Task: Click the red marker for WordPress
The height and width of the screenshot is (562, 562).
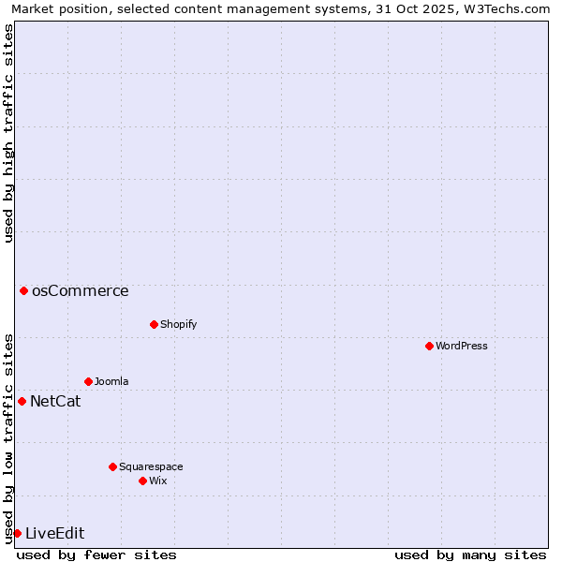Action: click(429, 346)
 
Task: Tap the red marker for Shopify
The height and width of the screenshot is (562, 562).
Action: click(154, 324)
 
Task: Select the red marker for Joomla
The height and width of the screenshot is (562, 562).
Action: click(88, 381)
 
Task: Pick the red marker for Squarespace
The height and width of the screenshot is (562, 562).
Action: click(112, 466)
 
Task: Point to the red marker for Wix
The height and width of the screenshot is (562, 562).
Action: click(142, 481)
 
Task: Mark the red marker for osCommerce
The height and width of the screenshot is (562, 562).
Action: click(23, 290)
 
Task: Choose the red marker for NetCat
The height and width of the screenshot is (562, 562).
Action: click(22, 401)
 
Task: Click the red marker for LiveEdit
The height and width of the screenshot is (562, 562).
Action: click(17, 533)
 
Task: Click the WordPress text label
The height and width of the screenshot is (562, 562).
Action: click(462, 346)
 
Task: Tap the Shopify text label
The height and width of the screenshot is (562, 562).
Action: click(178, 324)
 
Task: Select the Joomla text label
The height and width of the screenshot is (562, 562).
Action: click(111, 381)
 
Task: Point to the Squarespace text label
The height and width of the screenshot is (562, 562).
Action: click(151, 466)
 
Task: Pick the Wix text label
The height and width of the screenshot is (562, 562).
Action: click(157, 481)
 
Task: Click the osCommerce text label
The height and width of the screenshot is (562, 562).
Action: click(81, 290)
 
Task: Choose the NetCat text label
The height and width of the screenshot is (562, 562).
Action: click(55, 402)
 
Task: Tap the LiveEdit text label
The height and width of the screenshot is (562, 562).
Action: click(55, 534)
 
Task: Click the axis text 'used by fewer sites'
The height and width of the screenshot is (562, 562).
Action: click(96, 555)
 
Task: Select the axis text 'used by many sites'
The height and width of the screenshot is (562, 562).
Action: click(470, 555)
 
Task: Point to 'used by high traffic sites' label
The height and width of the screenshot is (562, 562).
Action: click(8, 133)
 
